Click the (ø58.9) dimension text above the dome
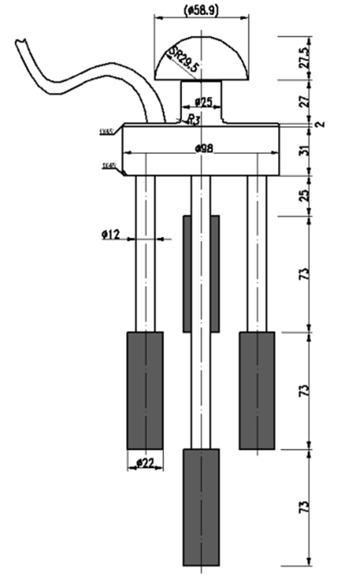201,10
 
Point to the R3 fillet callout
192,120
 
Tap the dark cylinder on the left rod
145,389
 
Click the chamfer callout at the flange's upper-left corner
109,131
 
